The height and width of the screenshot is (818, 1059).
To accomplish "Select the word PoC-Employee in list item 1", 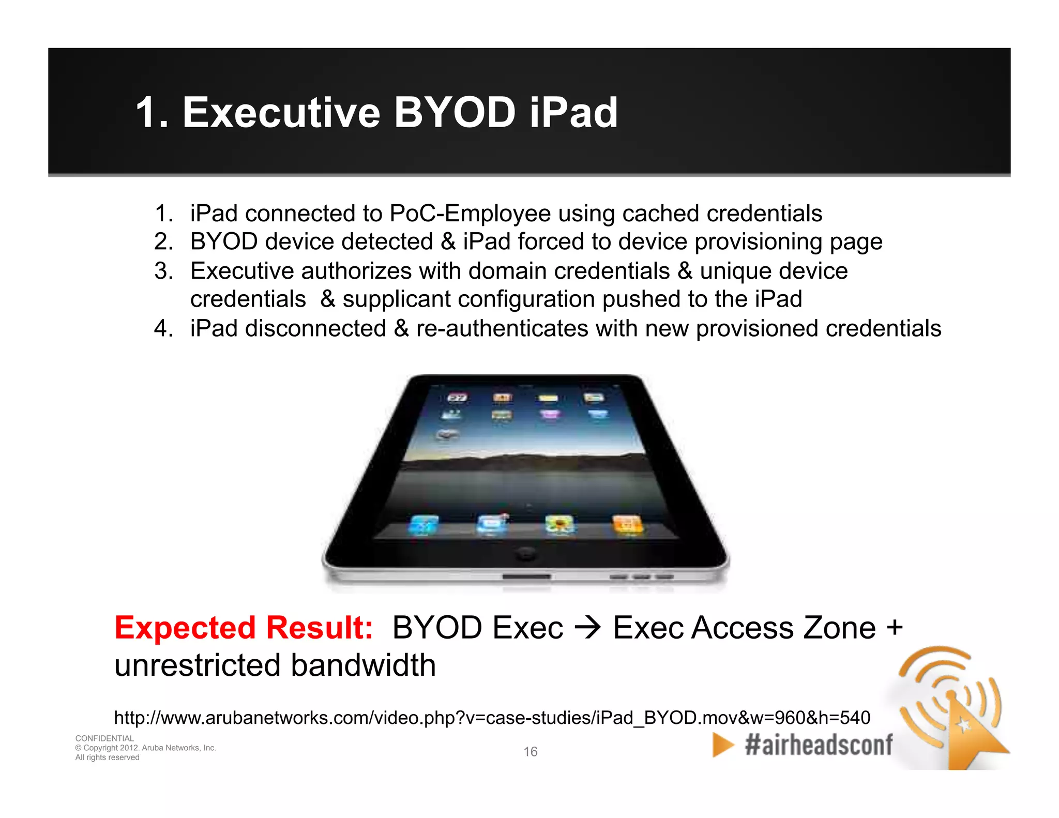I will click(470, 213).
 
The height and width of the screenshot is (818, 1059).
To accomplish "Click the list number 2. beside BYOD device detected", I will click(164, 241).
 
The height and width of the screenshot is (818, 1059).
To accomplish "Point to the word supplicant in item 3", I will click(396, 299).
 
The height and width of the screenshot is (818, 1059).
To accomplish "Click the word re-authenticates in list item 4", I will click(502, 328).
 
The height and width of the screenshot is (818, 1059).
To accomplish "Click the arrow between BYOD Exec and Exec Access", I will click(588, 628).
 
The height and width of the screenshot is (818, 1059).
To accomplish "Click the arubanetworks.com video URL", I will click(492, 718).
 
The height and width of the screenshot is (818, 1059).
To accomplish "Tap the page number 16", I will click(530, 751).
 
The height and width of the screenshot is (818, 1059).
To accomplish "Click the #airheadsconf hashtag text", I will click(818, 745).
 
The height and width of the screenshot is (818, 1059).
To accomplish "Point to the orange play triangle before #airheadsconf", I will click(722, 745).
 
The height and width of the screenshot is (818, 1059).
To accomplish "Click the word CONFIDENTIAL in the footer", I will click(104, 738).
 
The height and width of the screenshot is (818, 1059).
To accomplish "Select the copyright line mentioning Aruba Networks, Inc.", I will click(145, 748).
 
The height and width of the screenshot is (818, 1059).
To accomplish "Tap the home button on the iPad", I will click(525, 554).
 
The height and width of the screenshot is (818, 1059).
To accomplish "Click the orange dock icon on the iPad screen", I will click(627, 525).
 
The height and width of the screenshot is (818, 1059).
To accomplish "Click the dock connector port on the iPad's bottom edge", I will click(526, 576).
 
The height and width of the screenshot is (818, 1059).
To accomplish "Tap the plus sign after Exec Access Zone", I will click(894, 628).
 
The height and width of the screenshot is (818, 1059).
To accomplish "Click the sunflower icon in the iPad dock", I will click(559, 525).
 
